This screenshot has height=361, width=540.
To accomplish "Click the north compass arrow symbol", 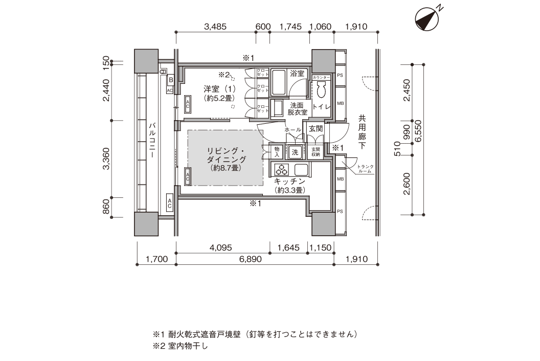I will coord(427,19).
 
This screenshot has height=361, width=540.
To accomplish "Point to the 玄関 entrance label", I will coord(316,129).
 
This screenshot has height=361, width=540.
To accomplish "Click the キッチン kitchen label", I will coord(290,182).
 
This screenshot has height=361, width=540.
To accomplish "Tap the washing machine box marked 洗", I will coord(295,151).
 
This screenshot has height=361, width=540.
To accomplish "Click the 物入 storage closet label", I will coord(277,151).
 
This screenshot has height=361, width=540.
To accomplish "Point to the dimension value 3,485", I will coord(215,27).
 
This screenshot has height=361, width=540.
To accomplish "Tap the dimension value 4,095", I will coord(221,247).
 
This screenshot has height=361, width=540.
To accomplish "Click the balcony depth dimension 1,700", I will coord(156,259).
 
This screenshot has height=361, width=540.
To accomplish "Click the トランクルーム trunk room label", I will coord(365,168).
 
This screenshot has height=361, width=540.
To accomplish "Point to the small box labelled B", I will coord(171,80).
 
